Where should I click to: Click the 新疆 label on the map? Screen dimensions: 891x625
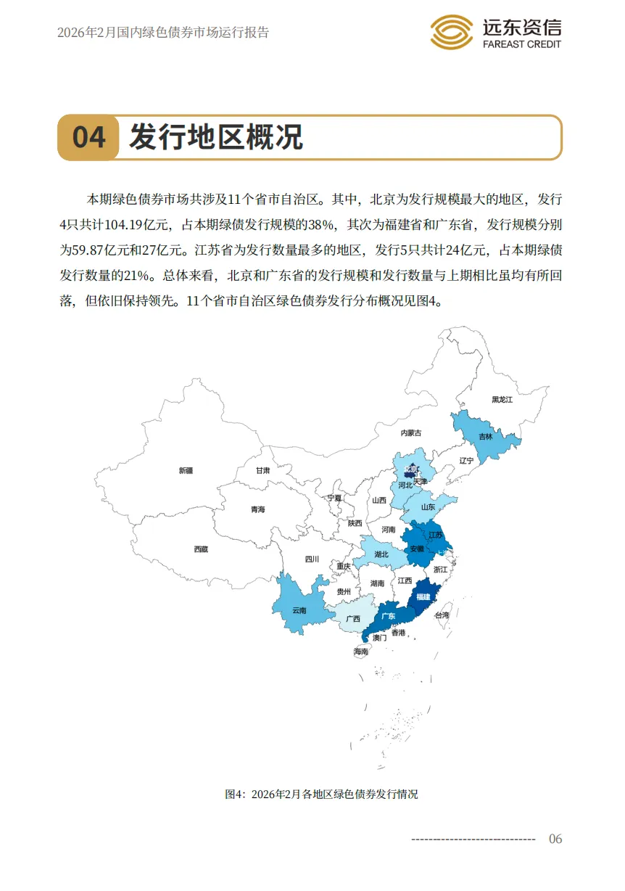[186, 470]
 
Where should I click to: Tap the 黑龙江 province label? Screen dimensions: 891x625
[502, 400]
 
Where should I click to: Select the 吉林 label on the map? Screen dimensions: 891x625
[486, 437]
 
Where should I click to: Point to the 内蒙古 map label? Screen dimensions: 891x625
[410, 432]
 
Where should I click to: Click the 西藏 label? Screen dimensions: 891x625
[201, 549]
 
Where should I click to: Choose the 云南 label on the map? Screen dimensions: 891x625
[299, 610]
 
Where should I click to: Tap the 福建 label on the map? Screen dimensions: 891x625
[422, 597]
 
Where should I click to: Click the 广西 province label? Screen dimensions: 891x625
[353, 619]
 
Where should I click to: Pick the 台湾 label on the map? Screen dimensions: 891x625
[442, 615]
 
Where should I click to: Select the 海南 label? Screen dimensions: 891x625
[361, 652]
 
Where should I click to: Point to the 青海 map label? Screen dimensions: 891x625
[258, 509]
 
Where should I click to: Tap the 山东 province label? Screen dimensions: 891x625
[429, 507]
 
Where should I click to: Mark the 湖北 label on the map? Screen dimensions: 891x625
[381, 554]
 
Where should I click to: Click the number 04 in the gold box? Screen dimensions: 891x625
[89, 137]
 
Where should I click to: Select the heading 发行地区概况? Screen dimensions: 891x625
[215, 137]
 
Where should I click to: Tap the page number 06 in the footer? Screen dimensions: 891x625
[555, 839]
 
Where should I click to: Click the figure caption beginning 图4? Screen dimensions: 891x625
[321, 794]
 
